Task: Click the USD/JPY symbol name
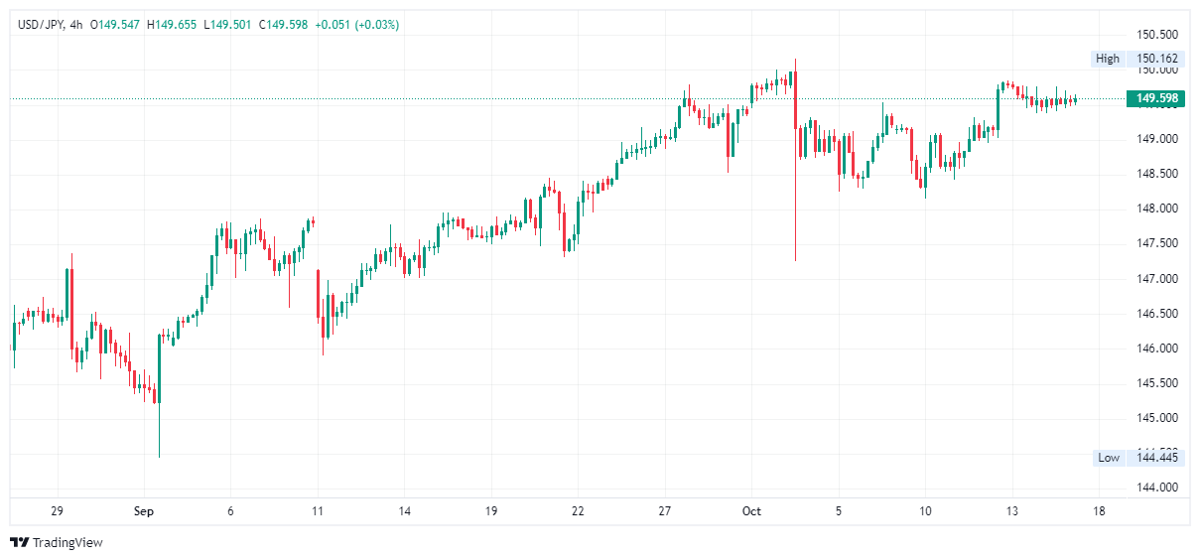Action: click(x=41, y=25)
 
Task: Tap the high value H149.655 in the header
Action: click(x=172, y=25)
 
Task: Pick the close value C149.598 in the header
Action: click(x=283, y=25)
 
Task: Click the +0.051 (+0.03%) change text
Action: click(x=356, y=25)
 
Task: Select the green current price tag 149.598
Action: click(x=1157, y=98)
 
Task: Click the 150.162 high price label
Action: click(x=1157, y=59)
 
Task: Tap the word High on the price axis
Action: click(x=1108, y=59)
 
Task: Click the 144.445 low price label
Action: click(x=1157, y=458)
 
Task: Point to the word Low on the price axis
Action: click(x=1109, y=458)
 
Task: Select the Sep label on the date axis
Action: click(x=144, y=511)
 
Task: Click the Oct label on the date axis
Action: click(x=751, y=511)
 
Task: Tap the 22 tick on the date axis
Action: click(x=578, y=511)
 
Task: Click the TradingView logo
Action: click(x=57, y=543)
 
